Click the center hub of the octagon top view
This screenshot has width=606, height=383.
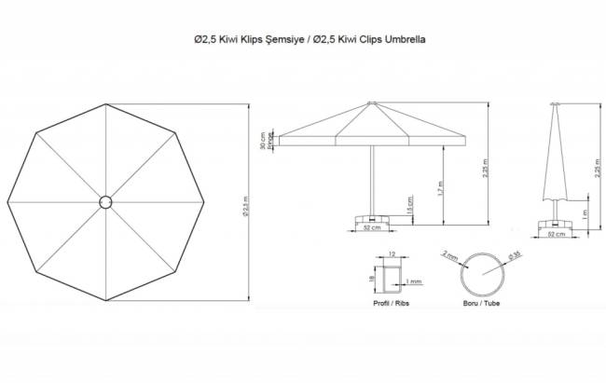point(104,200)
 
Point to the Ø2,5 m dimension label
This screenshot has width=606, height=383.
point(245,200)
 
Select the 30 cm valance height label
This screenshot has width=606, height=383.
point(263,141)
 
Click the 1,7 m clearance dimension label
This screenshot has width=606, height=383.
point(438,187)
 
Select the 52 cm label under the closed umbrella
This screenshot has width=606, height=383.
point(558,234)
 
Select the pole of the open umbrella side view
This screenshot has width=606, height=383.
point(372,177)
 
